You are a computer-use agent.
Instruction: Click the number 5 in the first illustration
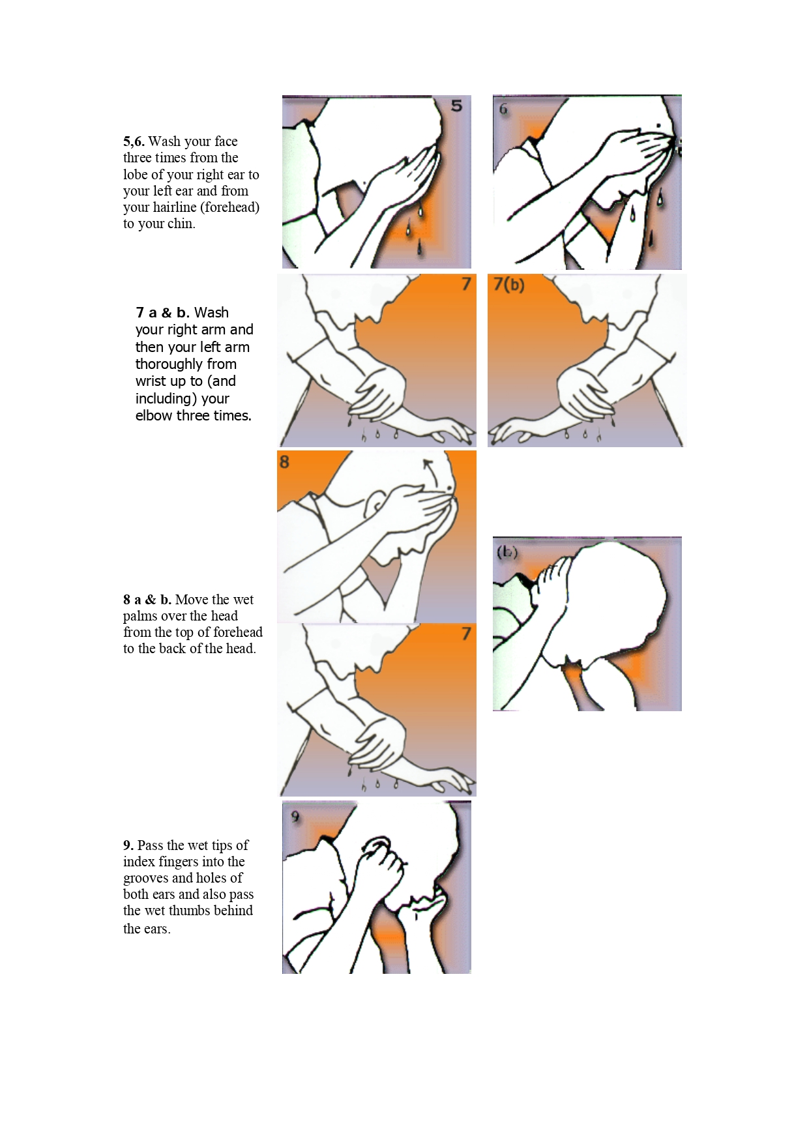[x=456, y=106]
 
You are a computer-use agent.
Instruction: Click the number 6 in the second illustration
[x=503, y=110]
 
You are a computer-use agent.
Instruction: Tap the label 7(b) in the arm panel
[x=509, y=284]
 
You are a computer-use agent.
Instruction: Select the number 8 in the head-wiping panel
[x=284, y=462]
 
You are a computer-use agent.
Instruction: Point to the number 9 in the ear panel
[x=295, y=817]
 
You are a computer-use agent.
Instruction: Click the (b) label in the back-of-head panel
[x=507, y=552]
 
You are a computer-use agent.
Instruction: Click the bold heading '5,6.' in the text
[x=134, y=141]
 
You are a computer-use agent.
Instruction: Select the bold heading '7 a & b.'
[x=162, y=313]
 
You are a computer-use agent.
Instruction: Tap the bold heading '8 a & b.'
[x=147, y=600]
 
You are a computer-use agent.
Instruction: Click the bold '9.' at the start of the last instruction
[x=128, y=845]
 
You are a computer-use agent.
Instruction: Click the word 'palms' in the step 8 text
[x=140, y=616]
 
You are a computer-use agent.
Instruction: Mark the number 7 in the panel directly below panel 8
[x=465, y=634]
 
